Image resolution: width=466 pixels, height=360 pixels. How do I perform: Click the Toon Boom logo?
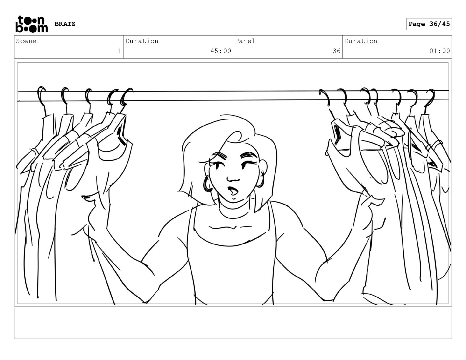click(32, 24)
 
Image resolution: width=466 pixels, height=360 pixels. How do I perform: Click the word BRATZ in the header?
click(65, 24)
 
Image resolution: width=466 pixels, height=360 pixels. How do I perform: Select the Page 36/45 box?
click(429, 24)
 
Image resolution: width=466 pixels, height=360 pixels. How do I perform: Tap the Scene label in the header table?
click(26, 41)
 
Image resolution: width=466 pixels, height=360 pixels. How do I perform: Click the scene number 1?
click(120, 51)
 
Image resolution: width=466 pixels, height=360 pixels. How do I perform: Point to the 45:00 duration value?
click(221, 51)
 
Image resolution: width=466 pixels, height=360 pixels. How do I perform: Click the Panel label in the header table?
click(245, 41)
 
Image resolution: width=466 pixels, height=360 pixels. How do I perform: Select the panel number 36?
click(337, 51)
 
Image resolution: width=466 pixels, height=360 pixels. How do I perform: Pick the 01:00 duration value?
click(440, 51)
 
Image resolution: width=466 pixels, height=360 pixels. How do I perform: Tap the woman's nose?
click(233, 179)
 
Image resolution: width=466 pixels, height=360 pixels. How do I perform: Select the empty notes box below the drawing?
click(233, 323)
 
